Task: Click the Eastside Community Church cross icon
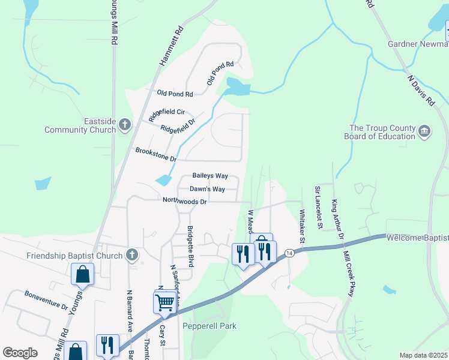click(x=125, y=125)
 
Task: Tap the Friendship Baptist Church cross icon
click(x=132, y=255)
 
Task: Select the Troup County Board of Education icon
click(x=424, y=131)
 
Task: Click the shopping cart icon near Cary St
click(x=164, y=303)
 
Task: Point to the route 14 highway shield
click(x=289, y=253)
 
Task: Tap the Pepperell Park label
click(x=209, y=326)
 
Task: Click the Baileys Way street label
click(x=210, y=176)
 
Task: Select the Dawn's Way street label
click(x=207, y=189)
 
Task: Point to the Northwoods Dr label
click(x=184, y=202)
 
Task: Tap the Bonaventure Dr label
click(x=46, y=301)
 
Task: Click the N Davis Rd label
click(x=421, y=90)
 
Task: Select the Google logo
click(x=20, y=353)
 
